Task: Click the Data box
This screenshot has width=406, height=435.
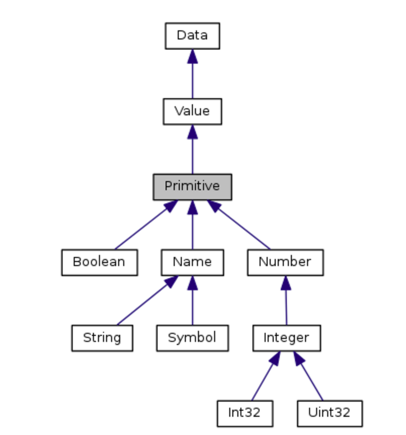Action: point(192,36)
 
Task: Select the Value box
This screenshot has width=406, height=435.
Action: point(192,111)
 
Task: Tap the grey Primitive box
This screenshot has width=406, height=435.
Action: point(192,187)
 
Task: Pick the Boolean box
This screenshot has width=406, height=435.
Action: point(99,262)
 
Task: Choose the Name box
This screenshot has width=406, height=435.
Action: point(192,262)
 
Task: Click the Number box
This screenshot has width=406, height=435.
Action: point(285,262)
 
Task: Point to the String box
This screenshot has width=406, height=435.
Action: point(102,338)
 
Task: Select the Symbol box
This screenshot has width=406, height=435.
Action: point(192,338)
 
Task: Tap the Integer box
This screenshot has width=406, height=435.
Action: point(286,338)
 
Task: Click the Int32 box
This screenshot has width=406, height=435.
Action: point(245,413)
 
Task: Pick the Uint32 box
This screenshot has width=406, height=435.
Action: point(329,413)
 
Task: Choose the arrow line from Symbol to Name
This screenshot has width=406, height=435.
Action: point(192,306)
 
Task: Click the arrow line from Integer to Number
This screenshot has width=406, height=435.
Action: point(286,306)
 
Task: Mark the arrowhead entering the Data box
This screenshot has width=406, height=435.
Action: point(192,56)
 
